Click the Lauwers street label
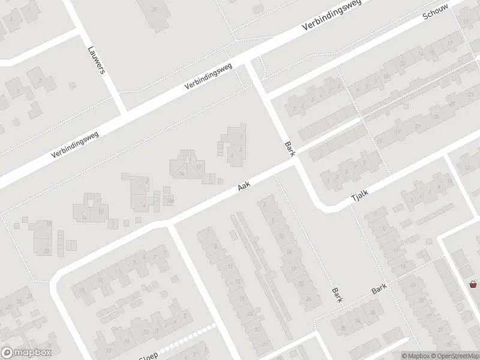click(96, 60)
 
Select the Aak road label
click(243, 187)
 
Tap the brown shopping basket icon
click(473, 284)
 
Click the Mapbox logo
click(26, 353)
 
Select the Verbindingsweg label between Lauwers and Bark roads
click(208, 77)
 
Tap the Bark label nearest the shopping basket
click(379, 289)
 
